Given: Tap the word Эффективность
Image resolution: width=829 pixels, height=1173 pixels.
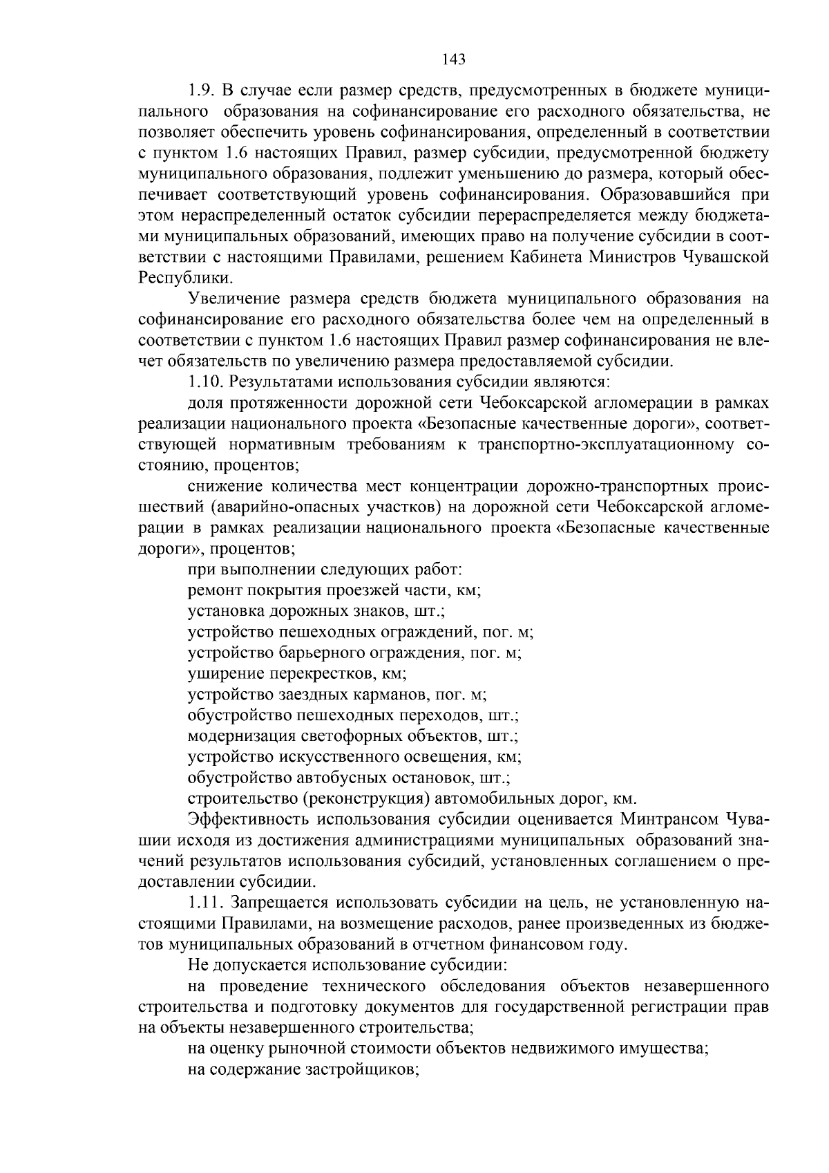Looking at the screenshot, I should pos(247,820).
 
